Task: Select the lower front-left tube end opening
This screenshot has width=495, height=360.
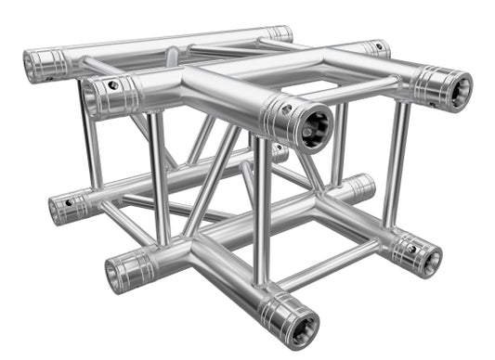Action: (121, 273)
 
